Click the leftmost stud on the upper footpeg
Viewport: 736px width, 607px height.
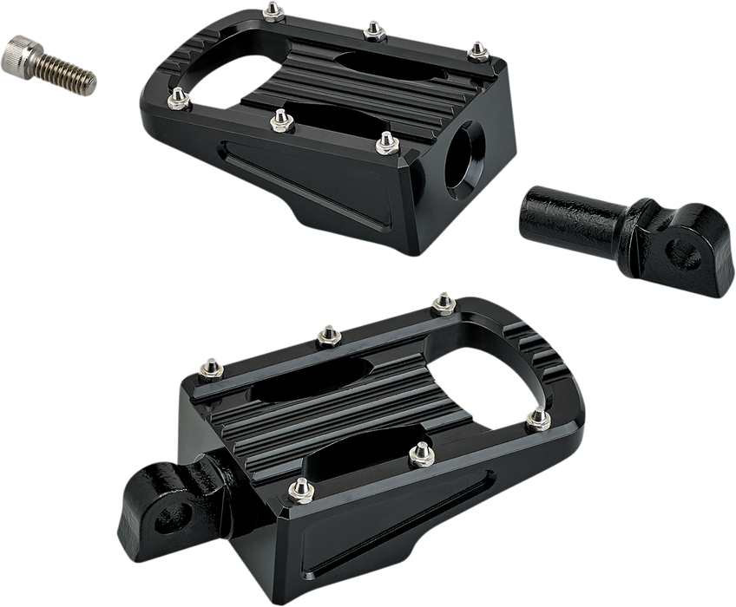coord(177,95)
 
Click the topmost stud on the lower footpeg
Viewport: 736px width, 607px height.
coord(444,301)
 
